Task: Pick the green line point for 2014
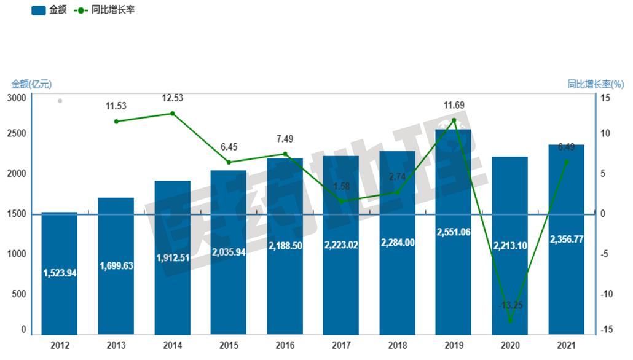pyautogui.click(x=172, y=114)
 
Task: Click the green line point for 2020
pyautogui.click(x=510, y=321)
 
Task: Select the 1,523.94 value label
pyautogui.click(x=60, y=273)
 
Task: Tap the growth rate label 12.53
pyautogui.click(x=172, y=98)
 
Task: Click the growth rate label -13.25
pyautogui.click(x=509, y=305)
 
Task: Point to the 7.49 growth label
pyautogui.click(x=285, y=138)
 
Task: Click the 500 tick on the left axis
pyautogui.click(x=20, y=294)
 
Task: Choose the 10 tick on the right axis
pyautogui.click(x=605, y=133)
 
